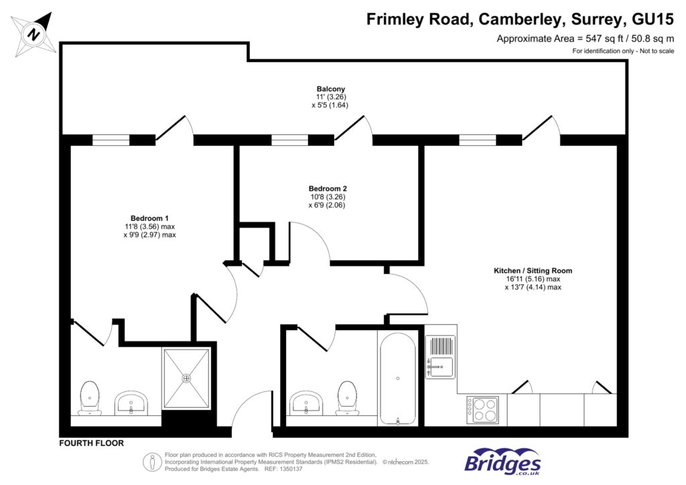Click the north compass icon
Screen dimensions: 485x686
[x=33, y=33]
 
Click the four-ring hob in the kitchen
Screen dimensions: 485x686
[x=482, y=409]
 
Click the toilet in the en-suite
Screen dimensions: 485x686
[x=89, y=397]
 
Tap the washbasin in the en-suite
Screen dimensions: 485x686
[x=131, y=403]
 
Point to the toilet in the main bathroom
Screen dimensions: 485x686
[x=346, y=397]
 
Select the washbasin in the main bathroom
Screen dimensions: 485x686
[x=307, y=403]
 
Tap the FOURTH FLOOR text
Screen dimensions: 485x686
[x=92, y=443]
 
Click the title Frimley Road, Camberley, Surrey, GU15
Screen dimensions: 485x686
[x=520, y=19]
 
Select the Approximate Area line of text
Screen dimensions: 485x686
[x=585, y=39]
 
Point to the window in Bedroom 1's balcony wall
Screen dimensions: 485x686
[x=111, y=140]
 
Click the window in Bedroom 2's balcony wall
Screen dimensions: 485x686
[x=290, y=140]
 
